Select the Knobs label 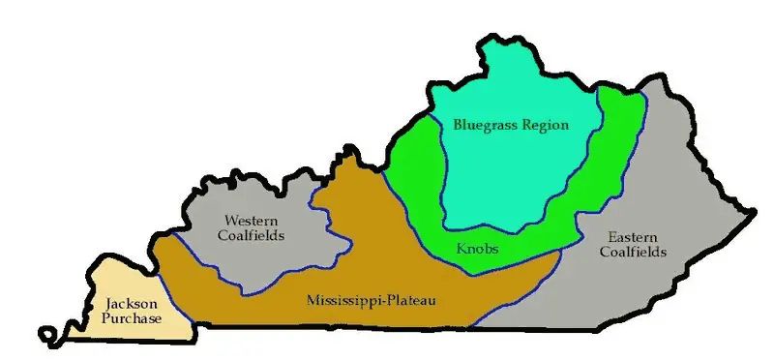click(477, 250)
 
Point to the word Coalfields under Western click(253, 235)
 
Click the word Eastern click(633, 237)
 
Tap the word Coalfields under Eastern click(634, 254)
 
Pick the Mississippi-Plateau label click(371, 301)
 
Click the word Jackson click(128, 303)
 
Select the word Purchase click(131, 319)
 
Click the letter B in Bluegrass click(458, 125)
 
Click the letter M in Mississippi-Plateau click(313, 301)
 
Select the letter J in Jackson click(108, 303)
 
